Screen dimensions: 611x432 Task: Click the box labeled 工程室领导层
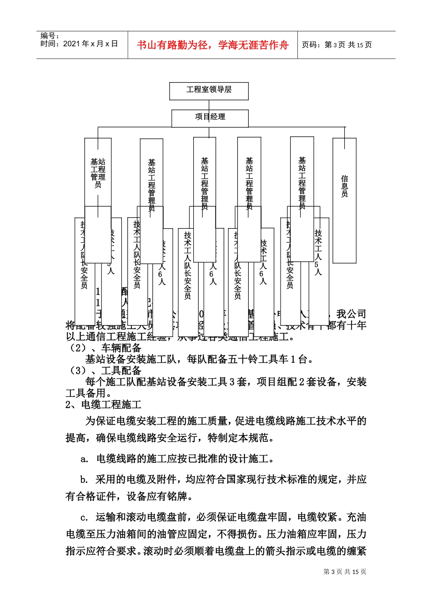pyautogui.click(x=209, y=90)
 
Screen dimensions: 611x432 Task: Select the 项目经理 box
pyautogui.click(x=210, y=118)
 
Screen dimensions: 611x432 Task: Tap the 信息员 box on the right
pyautogui.click(x=344, y=186)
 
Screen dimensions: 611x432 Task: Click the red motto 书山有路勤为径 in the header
pyautogui.click(x=212, y=45)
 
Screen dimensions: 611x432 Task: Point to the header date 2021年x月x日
pyautogui.click(x=90, y=44)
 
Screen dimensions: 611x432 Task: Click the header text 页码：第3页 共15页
pyautogui.click(x=337, y=45)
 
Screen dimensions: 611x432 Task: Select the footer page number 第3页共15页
pyautogui.click(x=345, y=572)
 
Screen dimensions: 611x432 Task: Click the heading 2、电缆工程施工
pyautogui.click(x=104, y=405)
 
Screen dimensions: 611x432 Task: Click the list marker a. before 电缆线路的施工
pyautogui.click(x=85, y=459)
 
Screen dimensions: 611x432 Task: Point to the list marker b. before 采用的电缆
pyautogui.click(x=84, y=480)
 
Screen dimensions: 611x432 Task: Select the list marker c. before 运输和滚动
pyautogui.click(x=84, y=518)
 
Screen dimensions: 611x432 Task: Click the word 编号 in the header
pyautogui.click(x=49, y=36)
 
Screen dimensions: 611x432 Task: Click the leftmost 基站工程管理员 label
pyautogui.click(x=98, y=173)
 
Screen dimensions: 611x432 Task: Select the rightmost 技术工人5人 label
pyautogui.click(x=318, y=252)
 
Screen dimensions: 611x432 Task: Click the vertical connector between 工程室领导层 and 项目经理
pyautogui.click(x=209, y=105)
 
